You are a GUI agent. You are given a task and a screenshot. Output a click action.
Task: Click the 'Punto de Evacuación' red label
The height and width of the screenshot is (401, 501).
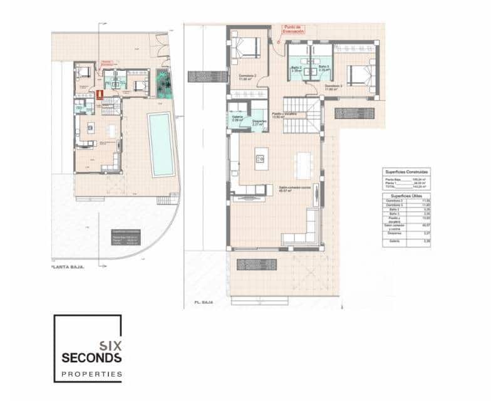293,29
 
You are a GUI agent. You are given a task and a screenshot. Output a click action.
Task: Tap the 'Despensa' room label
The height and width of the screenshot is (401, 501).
258,122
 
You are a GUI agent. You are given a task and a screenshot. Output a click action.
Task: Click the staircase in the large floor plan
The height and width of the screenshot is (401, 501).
302,115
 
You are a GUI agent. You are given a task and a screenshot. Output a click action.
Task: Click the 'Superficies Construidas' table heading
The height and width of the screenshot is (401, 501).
406,171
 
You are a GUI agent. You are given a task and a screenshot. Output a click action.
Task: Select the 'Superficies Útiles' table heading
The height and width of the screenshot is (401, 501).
406,195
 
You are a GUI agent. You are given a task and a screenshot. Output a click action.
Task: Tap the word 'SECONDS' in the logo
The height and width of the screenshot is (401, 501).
91,358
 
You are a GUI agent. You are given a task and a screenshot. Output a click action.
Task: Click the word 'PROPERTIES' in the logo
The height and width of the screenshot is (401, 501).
91,374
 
